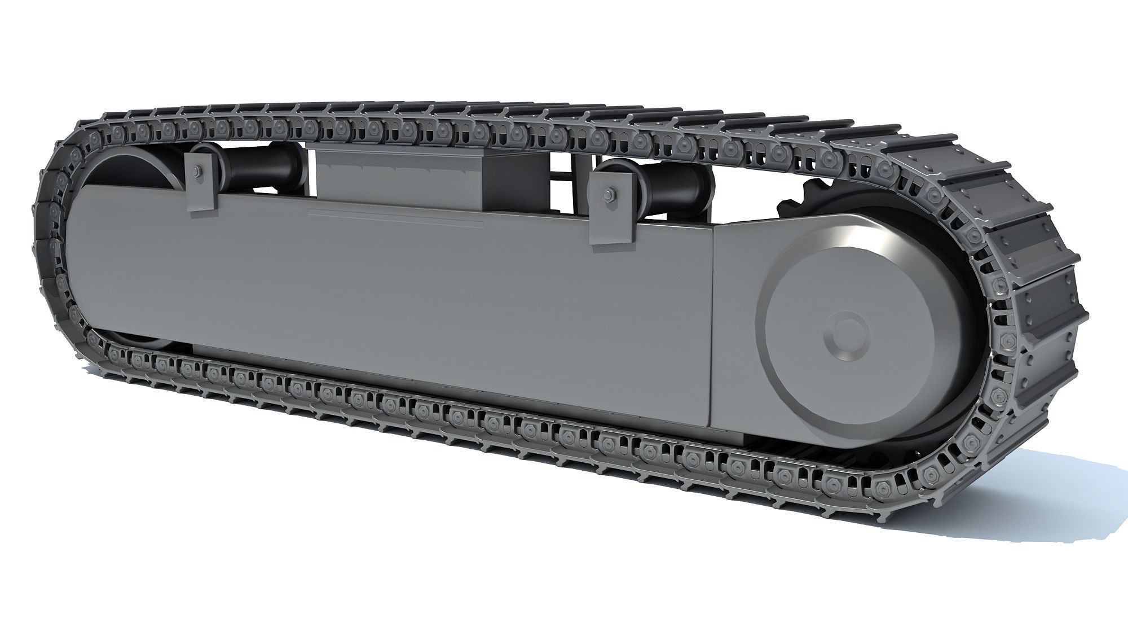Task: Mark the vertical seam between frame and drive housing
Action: tap(712, 327)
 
